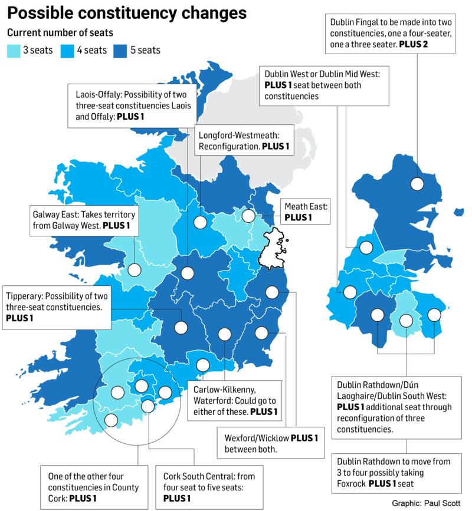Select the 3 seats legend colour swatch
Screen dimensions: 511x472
14,50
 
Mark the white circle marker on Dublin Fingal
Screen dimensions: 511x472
417,183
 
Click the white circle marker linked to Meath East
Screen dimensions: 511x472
248,216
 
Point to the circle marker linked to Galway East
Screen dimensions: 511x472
135,270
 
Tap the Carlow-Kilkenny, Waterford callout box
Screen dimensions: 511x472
235,400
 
